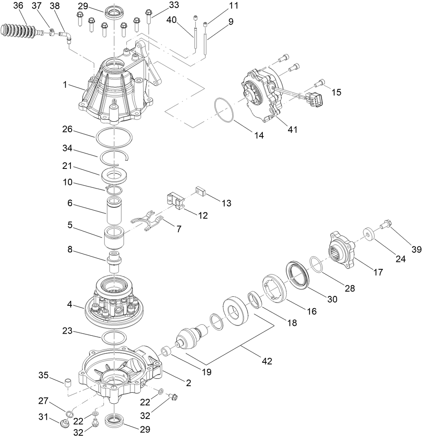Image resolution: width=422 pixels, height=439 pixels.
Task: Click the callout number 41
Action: (x=292, y=129)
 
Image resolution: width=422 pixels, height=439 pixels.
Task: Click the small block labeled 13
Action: (x=200, y=191)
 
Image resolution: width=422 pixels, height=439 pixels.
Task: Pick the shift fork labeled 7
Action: (x=148, y=221)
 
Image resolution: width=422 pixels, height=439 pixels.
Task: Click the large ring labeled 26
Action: (x=114, y=136)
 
